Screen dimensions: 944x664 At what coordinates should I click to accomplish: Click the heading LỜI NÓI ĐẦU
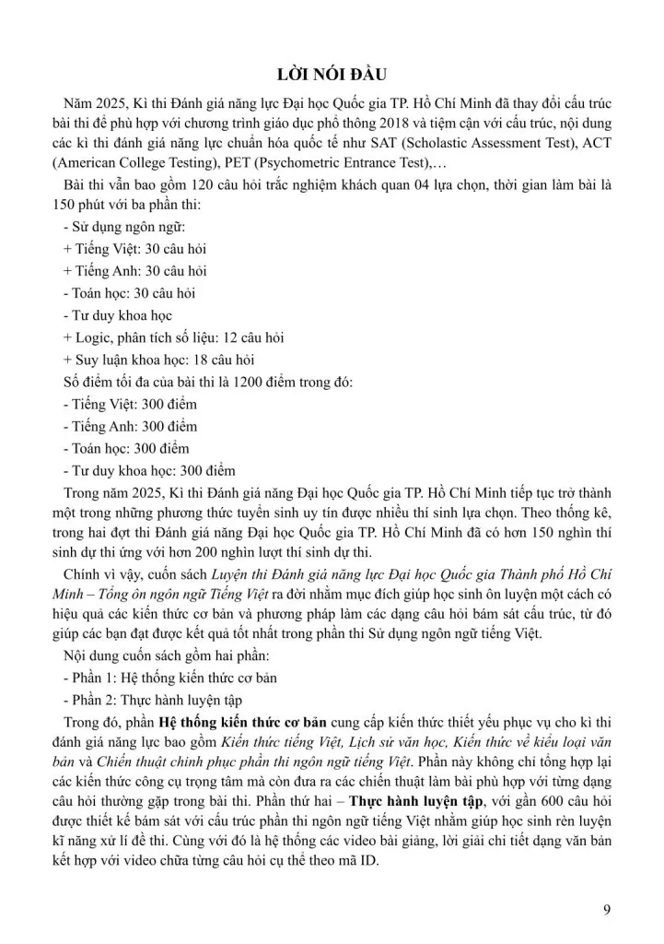(x=332, y=76)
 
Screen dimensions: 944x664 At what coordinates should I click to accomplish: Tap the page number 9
(x=606, y=912)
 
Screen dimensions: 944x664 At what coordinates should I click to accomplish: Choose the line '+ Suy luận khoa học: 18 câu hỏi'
(x=158, y=360)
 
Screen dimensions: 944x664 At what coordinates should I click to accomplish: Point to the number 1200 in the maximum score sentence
(x=260, y=382)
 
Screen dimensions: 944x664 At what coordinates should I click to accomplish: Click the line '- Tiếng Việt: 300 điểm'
(x=130, y=404)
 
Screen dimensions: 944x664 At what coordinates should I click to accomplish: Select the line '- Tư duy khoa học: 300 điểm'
(x=149, y=470)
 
